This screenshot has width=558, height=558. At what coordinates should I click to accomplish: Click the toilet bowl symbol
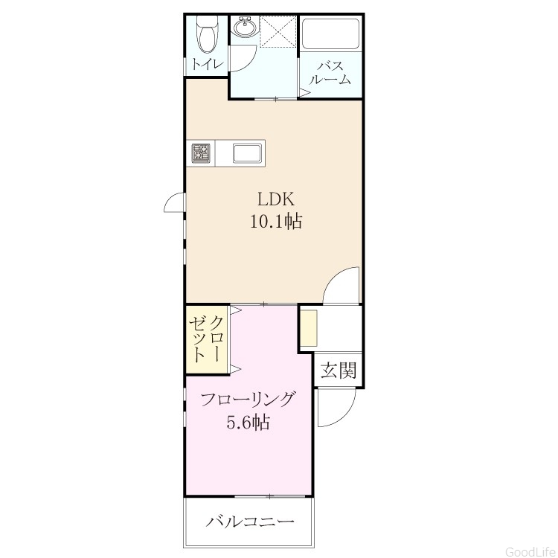(x=208, y=36)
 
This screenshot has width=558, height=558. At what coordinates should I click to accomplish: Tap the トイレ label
(x=208, y=65)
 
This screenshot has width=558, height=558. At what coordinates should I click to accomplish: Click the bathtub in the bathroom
(x=330, y=33)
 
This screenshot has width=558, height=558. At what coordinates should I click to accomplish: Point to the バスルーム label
(x=330, y=73)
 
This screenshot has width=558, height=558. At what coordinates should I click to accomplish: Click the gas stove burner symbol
(x=202, y=153)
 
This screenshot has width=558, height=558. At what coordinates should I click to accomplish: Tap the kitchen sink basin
(x=248, y=153)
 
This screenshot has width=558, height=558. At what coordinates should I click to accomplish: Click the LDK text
(x=276, y=199)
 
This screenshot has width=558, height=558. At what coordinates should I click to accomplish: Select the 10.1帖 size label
(x=276, y=222)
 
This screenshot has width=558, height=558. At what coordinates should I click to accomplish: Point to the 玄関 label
(x=339, y=371)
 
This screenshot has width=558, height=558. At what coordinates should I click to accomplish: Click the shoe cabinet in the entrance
(x=308, y=328)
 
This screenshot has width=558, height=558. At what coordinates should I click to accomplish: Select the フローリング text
(x=248, y=400)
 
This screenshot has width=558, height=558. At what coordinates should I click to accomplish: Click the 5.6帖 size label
(x=248, y=423)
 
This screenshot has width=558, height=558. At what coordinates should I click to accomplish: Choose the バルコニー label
(x=250, y=522)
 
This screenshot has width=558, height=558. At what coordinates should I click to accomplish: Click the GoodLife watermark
(x=531, y=551)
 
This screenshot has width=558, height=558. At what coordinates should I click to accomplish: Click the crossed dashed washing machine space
(x=278, y=31)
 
